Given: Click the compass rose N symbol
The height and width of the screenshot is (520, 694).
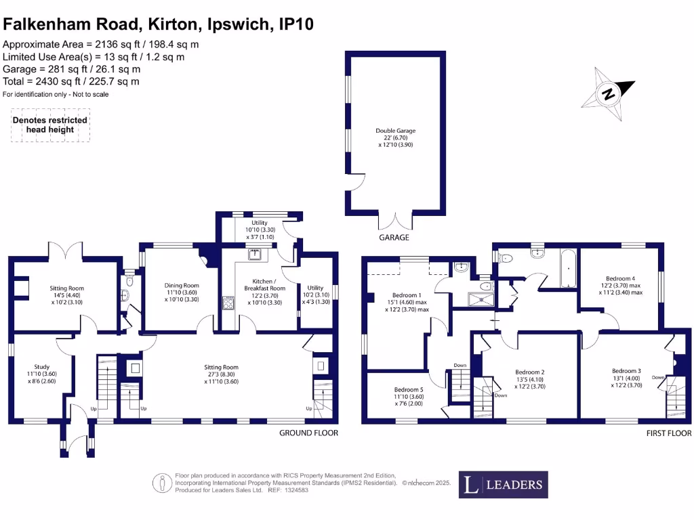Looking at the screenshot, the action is [609, 93].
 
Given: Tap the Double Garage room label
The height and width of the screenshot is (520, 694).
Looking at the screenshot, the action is [395, 137].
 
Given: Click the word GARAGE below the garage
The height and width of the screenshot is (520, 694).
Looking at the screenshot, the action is [394, 238].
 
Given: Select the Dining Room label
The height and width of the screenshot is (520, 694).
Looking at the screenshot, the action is [182, 292].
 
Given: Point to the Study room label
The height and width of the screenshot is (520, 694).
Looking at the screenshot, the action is [41, 374].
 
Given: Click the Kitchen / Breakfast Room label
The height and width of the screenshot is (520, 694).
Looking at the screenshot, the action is [265, 292].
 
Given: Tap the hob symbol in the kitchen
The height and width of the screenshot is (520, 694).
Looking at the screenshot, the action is [228, 303].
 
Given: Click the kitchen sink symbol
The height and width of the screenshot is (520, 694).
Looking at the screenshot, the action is [256, 254].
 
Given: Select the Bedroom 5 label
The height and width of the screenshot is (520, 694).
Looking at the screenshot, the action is [409, 397].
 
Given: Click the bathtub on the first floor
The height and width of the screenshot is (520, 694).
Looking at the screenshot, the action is [569, 268].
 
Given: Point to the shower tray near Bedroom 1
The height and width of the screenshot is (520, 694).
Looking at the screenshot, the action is [481, 299].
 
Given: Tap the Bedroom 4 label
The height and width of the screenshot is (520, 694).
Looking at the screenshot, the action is [621, 285].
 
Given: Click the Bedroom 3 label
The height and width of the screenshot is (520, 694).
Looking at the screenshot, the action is [626, 378].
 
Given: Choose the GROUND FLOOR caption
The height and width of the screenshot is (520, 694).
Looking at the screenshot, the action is [308, 433].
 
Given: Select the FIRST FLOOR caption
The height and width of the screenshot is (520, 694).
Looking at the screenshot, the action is [669, 433].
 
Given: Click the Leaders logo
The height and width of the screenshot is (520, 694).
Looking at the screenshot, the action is [504, 485].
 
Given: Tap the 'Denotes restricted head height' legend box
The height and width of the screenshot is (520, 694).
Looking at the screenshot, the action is [50, 125].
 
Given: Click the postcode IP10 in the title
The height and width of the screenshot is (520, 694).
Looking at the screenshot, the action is [296, 24].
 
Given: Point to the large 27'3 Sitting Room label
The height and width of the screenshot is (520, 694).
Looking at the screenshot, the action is [221, 374].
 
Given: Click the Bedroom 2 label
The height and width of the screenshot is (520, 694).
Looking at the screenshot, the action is [530, 379].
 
